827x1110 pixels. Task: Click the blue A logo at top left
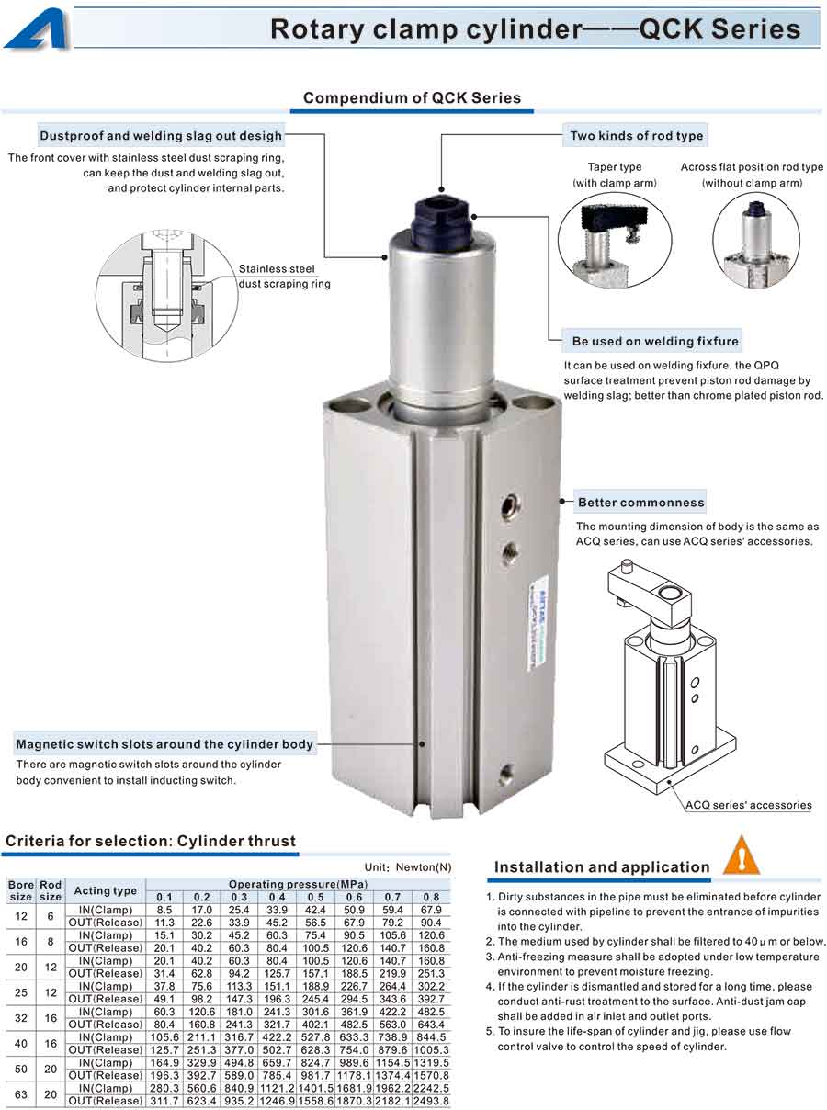[38, 30]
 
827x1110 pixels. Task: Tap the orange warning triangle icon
[742, 855]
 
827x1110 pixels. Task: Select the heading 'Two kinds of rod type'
[636, 136]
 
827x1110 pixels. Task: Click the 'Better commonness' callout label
[640, 503]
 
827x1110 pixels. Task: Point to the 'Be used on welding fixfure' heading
[655, 341]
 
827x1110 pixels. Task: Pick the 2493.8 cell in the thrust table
[431, 1101]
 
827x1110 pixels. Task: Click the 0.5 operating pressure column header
[315, 898]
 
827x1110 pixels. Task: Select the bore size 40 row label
[21, 1044]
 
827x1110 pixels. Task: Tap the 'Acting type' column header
[105, 890]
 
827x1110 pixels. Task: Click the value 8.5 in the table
[164, 910]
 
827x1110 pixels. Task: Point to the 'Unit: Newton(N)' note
[408, 867]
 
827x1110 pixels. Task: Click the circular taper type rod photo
[615, 241]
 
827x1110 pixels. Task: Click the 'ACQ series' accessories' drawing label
[748, 805]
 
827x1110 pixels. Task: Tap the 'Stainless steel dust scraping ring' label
[284, 277]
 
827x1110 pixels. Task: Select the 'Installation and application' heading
[602, 867]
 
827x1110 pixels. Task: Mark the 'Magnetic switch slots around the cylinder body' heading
[164, 744]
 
